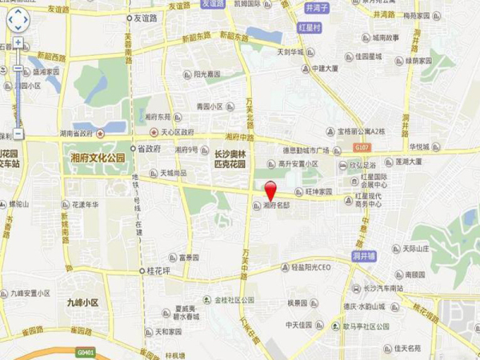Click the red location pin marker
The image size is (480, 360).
click(x=271, y=191)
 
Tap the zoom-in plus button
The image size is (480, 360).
click(x=18, y=42)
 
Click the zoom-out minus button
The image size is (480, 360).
click(x=18, y=134)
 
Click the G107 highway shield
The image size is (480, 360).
click(x=363, y=148)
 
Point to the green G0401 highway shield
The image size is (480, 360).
click(x=85, y=350)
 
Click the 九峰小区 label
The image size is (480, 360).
click(x=82, y=302)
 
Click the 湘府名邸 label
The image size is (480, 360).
click(x=276, y=205)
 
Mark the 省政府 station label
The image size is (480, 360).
click(x=148, y=149)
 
